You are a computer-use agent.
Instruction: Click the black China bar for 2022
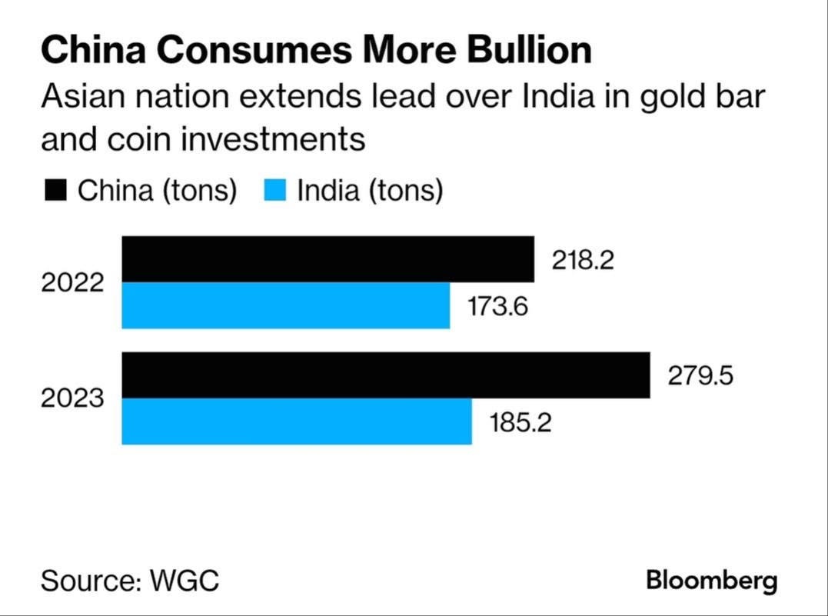pos(328,259)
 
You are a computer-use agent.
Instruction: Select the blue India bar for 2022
pos(285,305)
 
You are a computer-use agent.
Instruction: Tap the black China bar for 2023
pos(385,375)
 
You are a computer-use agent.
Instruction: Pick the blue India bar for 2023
pos(296,421)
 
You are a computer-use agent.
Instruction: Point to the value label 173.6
pos(500,307)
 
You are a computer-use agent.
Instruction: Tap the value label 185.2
pos(521,422)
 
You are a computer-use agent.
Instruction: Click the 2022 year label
pos(72,283)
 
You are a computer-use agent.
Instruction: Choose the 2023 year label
pos(72,399)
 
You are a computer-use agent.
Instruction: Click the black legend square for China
pos(55,190)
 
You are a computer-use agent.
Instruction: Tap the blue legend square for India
pos(275,190)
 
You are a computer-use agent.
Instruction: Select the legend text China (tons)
pos(157,190)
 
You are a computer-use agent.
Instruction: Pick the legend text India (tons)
pos(370,190)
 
